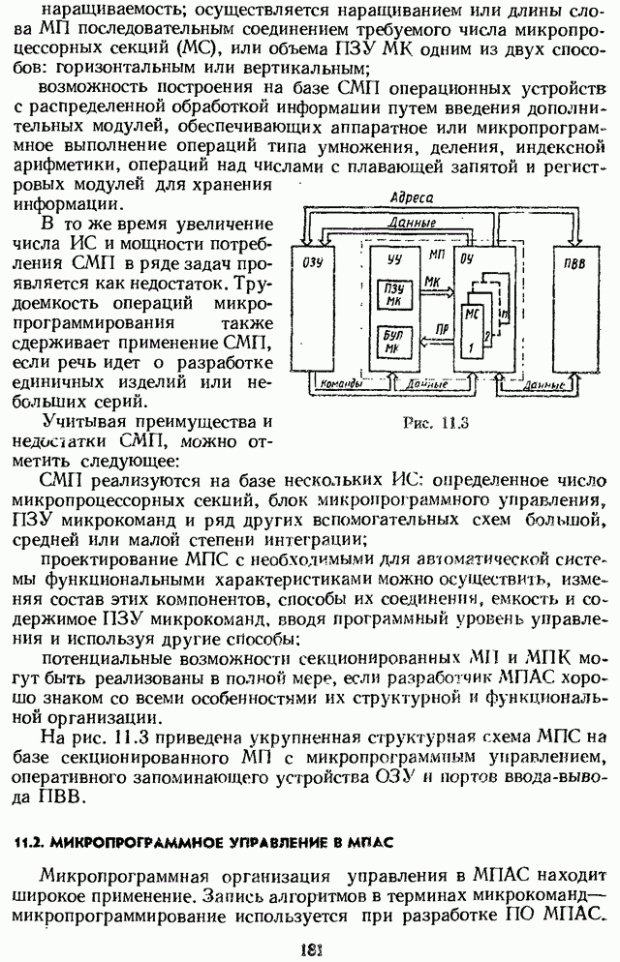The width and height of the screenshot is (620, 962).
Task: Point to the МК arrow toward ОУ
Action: point(434,286)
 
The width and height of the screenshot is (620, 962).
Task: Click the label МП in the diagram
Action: point(435,253)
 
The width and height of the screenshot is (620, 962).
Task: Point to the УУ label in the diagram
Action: point(392,257)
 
